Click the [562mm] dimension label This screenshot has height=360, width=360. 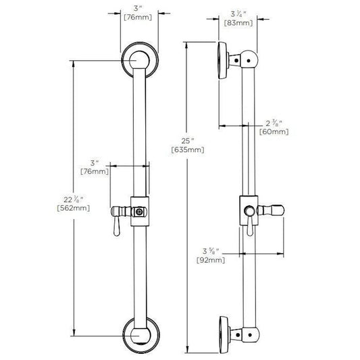[x=74, y=208]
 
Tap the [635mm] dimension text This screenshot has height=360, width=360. [x=188, y=150]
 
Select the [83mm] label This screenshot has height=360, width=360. [x=238, y=23]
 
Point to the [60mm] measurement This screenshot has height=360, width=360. [x=274, y=132]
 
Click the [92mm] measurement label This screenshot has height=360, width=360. [x=211, y=260]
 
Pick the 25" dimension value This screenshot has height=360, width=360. [x=188, y=140]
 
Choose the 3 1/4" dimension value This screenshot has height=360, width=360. [x=238, y=14]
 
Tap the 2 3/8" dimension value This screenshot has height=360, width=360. [x=274, y=124]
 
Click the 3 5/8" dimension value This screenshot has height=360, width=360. [x=211, y=251]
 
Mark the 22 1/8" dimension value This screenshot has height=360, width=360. [x=74, y=199]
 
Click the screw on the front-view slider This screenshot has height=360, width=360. [x=139, y=211]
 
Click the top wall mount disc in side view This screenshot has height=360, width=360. [x=222, y=61]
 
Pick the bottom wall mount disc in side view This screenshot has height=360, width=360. [x=224, y=335]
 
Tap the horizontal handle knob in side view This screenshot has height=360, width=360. [x=271, y=210]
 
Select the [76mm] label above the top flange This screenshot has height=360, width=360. [x=138, y=17]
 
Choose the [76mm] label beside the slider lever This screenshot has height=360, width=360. [x=95, y=172]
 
